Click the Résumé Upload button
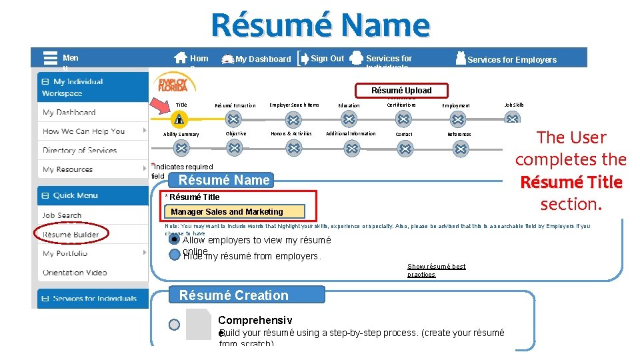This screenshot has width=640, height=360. point(401,91)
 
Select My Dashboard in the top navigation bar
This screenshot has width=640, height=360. point(263,59)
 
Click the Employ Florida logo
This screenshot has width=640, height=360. point(174,83)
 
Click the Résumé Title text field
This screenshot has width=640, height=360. point(233,212)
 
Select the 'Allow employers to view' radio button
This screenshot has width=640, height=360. point(175,240)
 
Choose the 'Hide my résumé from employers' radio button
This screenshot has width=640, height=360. point(175,255)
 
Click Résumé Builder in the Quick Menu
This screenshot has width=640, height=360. point(71,235)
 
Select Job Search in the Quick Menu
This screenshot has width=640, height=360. point(62,215)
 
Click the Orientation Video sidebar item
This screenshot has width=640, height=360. point(75,272)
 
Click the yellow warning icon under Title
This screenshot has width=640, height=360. point(179,119)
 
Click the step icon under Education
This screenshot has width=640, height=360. point(349,119)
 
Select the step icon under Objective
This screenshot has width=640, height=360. point(233,148)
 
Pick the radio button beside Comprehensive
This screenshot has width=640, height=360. point(174,325)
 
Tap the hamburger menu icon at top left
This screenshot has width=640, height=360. point(50,58)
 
